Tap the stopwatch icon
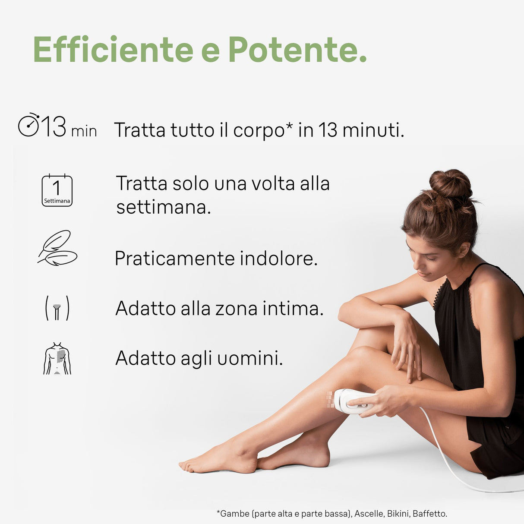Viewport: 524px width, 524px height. click(x=28, y=126)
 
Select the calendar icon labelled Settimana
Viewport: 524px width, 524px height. click(x=57, y=190)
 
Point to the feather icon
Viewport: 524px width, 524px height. click(x=57, y=248)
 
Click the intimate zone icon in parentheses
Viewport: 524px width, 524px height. click(x=57, y=308)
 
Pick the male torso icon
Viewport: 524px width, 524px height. click(x=57, y=358)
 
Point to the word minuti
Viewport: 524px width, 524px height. click(x=373, y=130)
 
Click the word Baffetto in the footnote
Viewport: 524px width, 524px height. click(x=429, y=514)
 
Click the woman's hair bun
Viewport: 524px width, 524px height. click(x=451, y=184)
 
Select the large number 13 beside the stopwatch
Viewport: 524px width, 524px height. click(x=54, y=126)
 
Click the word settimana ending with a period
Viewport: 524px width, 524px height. click(x=164, y=207)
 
